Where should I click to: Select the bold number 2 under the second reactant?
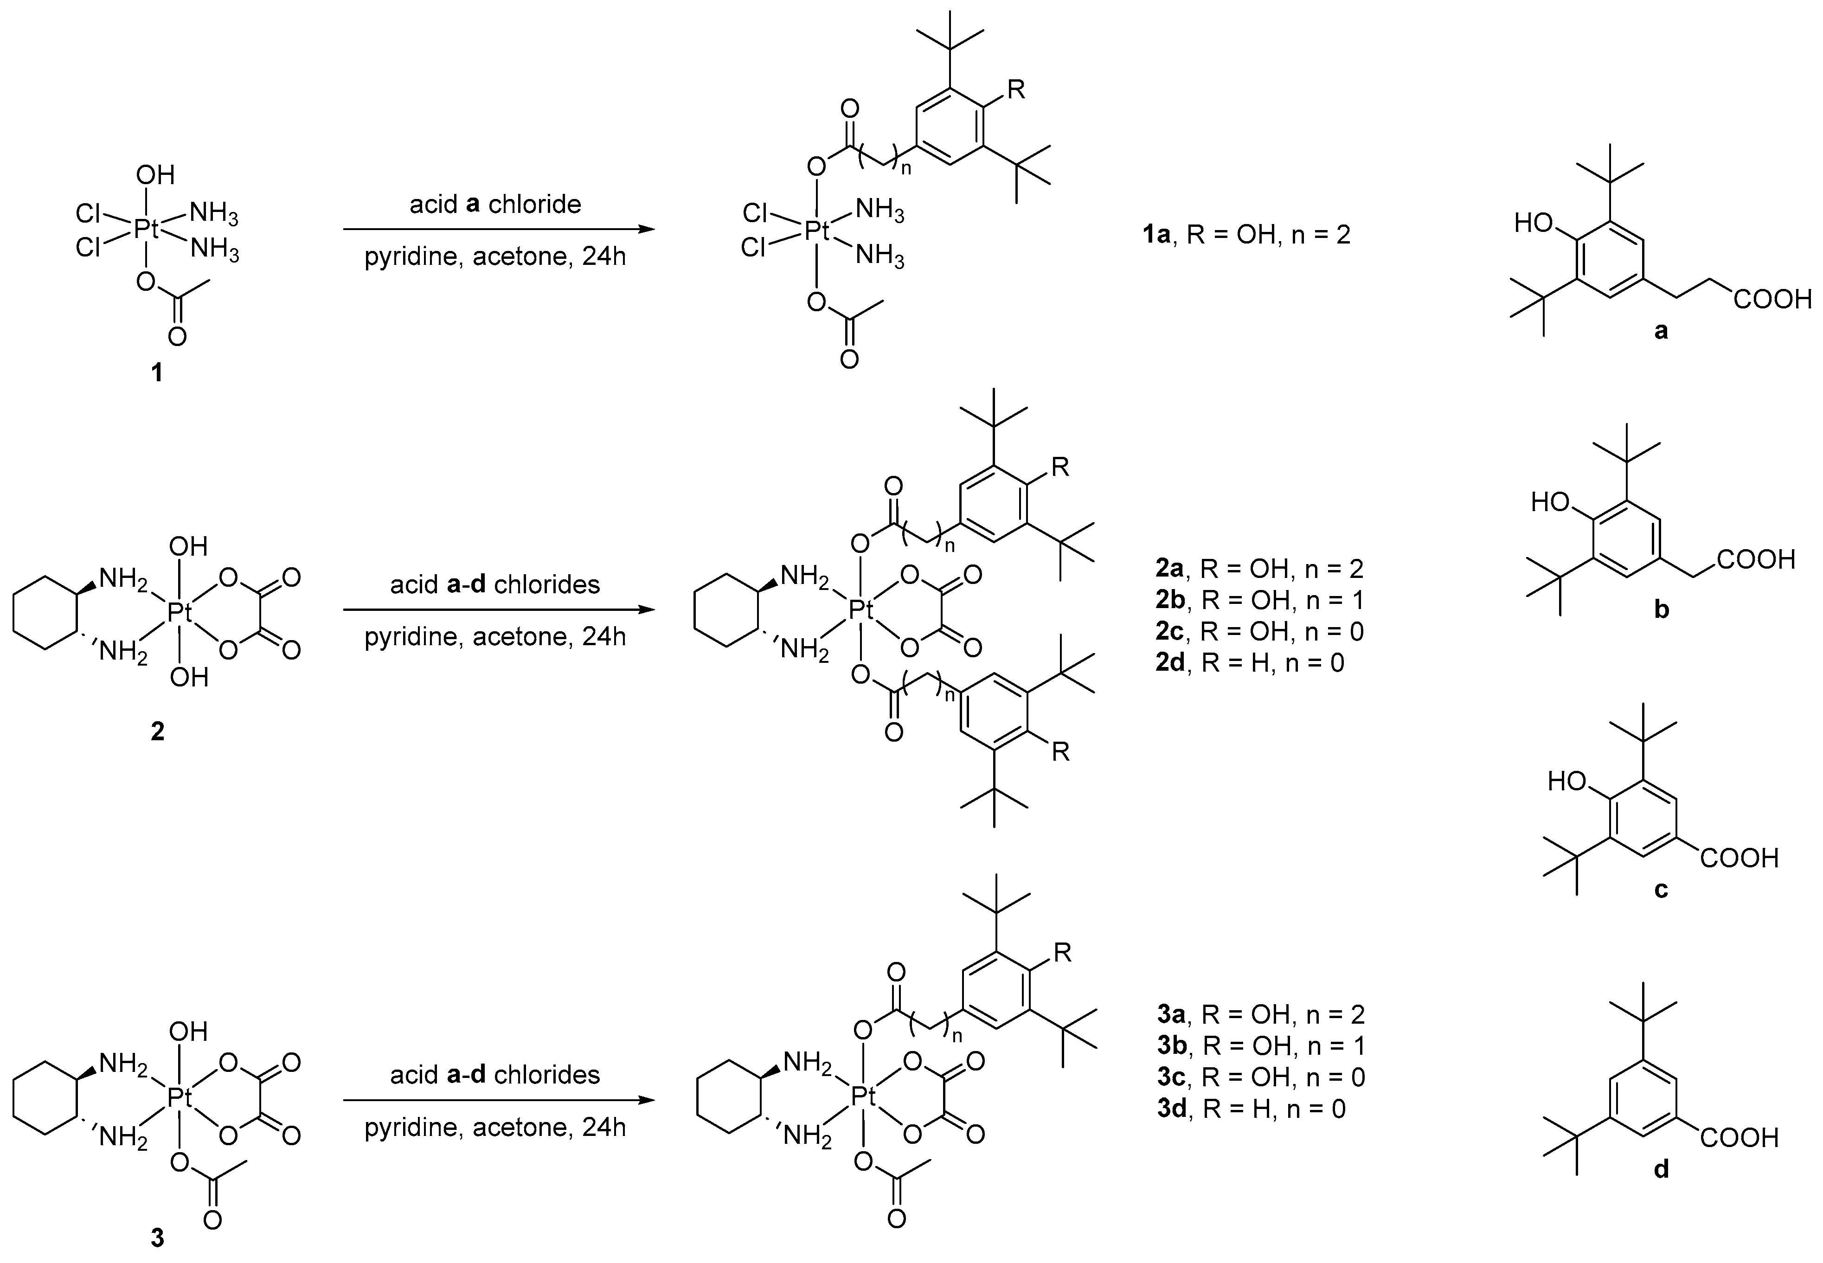157,732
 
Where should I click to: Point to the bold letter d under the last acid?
1661,1169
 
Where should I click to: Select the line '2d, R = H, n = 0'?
1249,662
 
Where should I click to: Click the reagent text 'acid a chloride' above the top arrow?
495,204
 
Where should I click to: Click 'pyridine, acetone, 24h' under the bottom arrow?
495,1127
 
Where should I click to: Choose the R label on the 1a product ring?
1016,90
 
